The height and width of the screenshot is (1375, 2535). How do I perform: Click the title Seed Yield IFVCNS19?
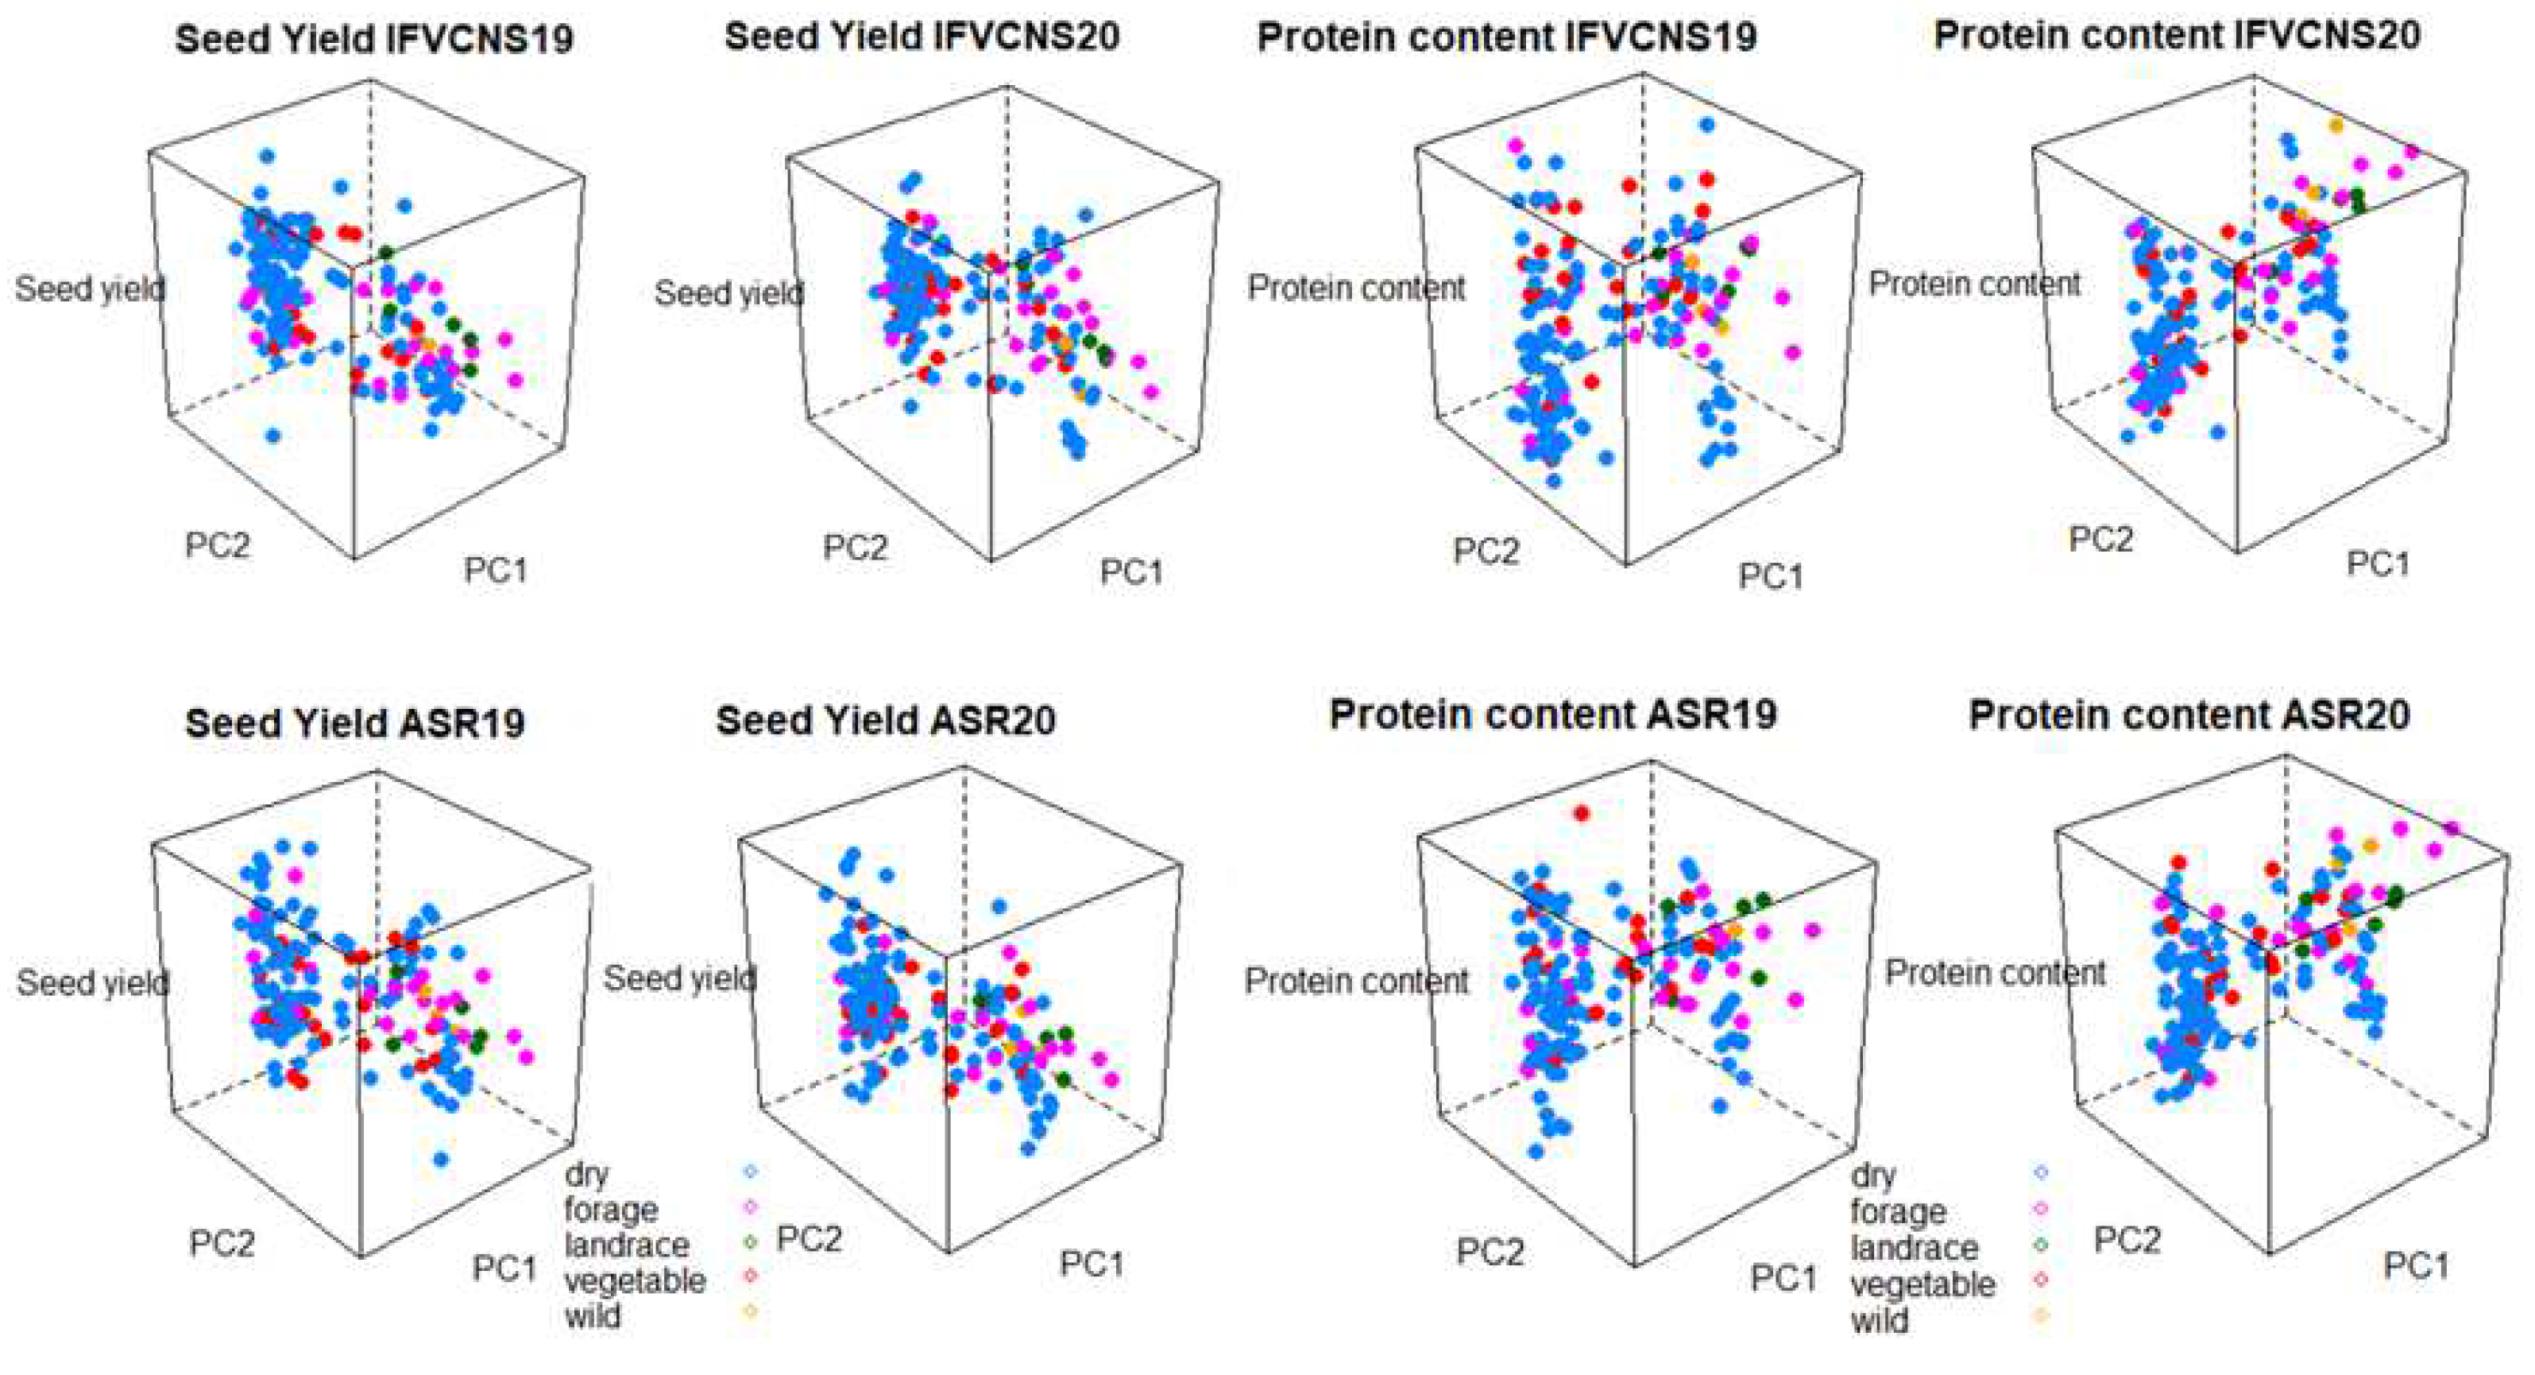pos(374,40)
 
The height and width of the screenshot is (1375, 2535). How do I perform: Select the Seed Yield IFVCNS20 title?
pos(922,37)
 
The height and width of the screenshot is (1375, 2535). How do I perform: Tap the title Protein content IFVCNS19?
pos(1507,37)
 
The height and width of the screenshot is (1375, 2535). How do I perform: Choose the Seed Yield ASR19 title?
pos(354,722)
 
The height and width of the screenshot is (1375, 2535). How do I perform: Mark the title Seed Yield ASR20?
pos(886,719)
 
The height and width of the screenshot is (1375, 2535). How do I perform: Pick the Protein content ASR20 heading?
pos(2189,715)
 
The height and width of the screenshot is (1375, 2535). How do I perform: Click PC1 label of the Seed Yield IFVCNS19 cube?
pos(496,570)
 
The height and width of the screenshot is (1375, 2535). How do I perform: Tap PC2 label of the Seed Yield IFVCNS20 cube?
pos(855,548)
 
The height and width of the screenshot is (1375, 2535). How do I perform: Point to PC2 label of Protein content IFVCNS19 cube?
pos(1486,551)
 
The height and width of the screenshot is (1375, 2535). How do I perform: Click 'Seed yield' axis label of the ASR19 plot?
pos(92,982)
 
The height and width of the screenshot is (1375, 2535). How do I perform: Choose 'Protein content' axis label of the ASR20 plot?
pos(1995,973)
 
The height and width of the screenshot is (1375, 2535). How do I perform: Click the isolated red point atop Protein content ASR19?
pos(1582,813)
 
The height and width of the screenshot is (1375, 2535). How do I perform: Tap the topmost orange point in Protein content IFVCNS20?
pos(2336,125)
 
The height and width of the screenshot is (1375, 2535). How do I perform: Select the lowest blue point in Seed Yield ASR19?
pos(441,1160)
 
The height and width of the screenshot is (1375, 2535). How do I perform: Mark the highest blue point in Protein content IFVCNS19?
pos(1706,124)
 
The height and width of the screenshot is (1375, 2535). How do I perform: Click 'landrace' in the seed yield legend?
pos(626,1245)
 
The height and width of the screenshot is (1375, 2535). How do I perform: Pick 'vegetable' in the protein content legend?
pos(1922,1284)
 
